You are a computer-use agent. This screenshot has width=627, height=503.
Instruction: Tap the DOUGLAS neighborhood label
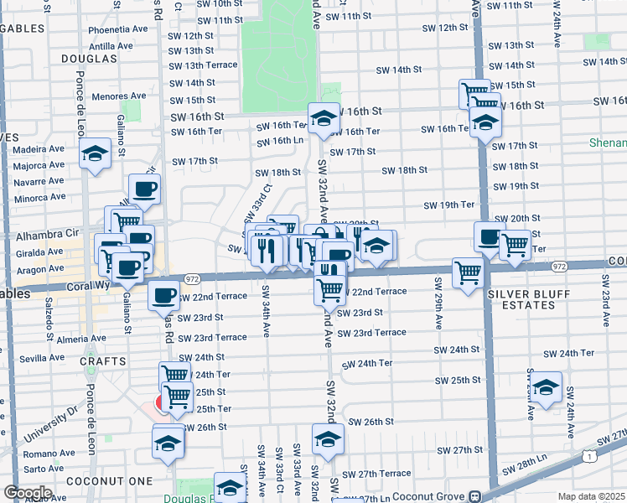pos(88,59)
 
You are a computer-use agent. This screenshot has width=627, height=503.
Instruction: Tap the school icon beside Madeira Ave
pos(96,154)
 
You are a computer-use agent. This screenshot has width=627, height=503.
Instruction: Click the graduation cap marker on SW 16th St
pos(324,119)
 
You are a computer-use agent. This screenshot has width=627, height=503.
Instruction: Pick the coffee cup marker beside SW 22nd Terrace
pos(163,295)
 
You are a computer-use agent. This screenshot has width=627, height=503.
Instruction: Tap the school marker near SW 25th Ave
pos(546,388)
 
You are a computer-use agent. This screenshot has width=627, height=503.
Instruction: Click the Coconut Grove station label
pos(432,495)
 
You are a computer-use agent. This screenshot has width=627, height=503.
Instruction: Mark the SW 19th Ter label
pos(448,205)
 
